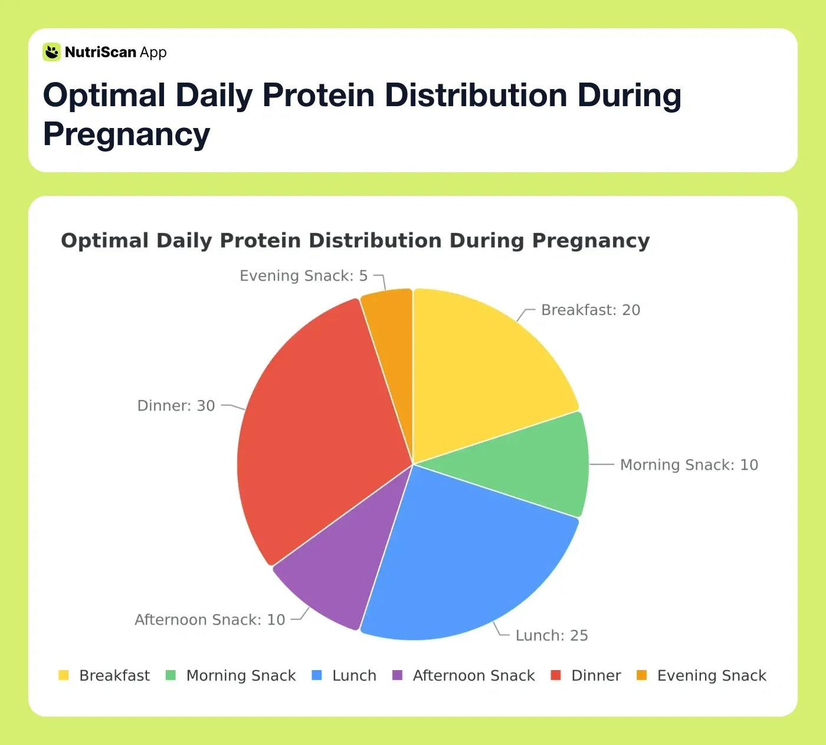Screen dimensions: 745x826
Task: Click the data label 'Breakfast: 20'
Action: coord(590,310)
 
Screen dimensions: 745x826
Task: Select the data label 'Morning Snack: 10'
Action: coord(689,465)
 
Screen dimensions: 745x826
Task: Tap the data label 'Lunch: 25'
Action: coord(551,635)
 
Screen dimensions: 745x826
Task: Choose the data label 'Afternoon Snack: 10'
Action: coord(210,620)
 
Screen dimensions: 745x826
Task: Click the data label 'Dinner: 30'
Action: coord(176,406)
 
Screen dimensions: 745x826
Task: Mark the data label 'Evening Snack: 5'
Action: coord(303,276)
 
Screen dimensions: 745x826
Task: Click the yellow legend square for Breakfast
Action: coord(64,675)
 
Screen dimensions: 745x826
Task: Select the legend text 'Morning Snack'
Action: coord(241,675)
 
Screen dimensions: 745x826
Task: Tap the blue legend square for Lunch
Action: coord(317,675)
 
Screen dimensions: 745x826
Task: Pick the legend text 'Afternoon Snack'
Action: coord(474,675)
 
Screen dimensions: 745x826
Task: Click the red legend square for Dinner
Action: coord(555,675)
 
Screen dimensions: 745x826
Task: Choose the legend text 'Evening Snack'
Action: coord(712,675)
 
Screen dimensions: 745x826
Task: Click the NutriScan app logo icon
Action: coord(52,52)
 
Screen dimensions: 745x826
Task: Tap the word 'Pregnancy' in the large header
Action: coord(126,134)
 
